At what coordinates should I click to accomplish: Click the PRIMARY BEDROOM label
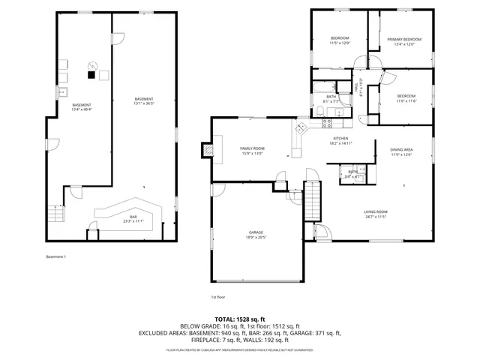pos(404,39)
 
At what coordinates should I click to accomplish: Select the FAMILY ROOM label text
pos(252,148)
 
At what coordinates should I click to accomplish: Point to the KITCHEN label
pos(340,138)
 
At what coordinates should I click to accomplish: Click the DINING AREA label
pos(401,150)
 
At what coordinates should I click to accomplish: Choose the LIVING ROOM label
pos(376,211)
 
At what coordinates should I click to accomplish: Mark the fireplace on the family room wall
pos(205,150)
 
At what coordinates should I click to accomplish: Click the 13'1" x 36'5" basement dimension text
pos(144,104)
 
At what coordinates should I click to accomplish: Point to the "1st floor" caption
pos(217,297)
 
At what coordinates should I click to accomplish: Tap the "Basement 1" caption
pos(56,257)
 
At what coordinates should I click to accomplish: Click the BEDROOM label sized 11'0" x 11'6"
pos(406,96)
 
